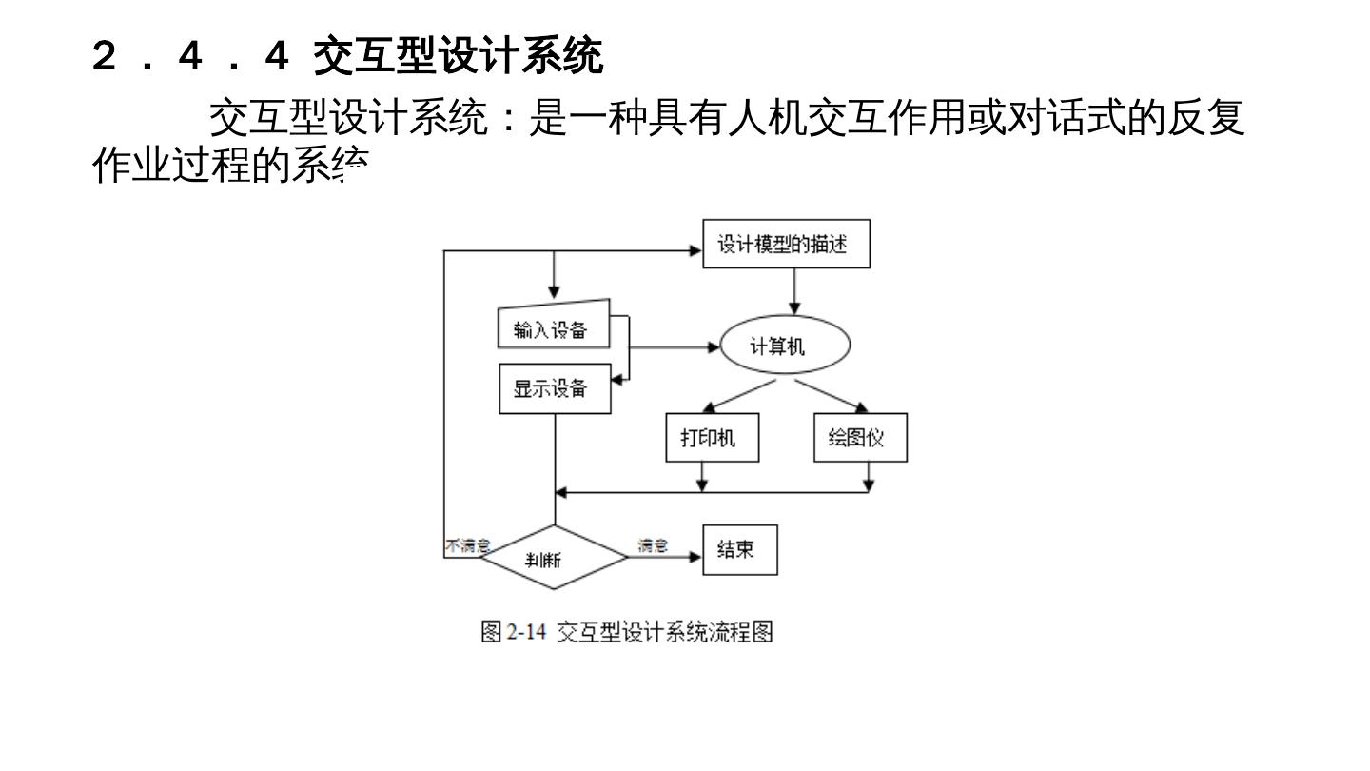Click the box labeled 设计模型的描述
[x=785, y=246]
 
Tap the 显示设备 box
[x=554, y=389]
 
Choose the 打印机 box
[x=712, y=438]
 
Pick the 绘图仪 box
[x=860, y=438]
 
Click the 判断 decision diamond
[x=552, y=558]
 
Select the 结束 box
[x=739, y=550]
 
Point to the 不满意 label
[x=467, y=545]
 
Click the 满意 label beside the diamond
[x=653, y=545]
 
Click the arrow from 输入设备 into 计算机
[x=675, y=347]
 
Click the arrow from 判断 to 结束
[x=666, y=558]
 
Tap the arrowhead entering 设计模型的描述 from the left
[x=695, y=250]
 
